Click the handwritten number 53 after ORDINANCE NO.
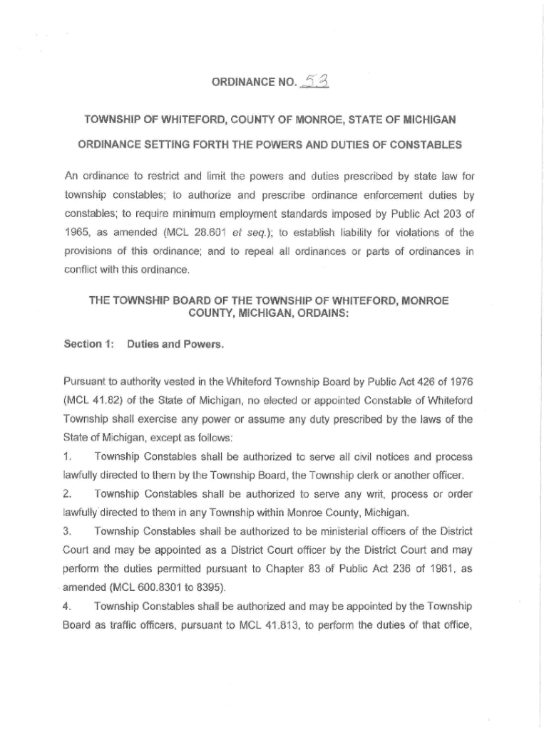click(314, 85)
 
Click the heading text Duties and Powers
click(175, 345)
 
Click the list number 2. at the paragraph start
click(68, 494)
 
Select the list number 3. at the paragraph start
click(68, 531)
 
